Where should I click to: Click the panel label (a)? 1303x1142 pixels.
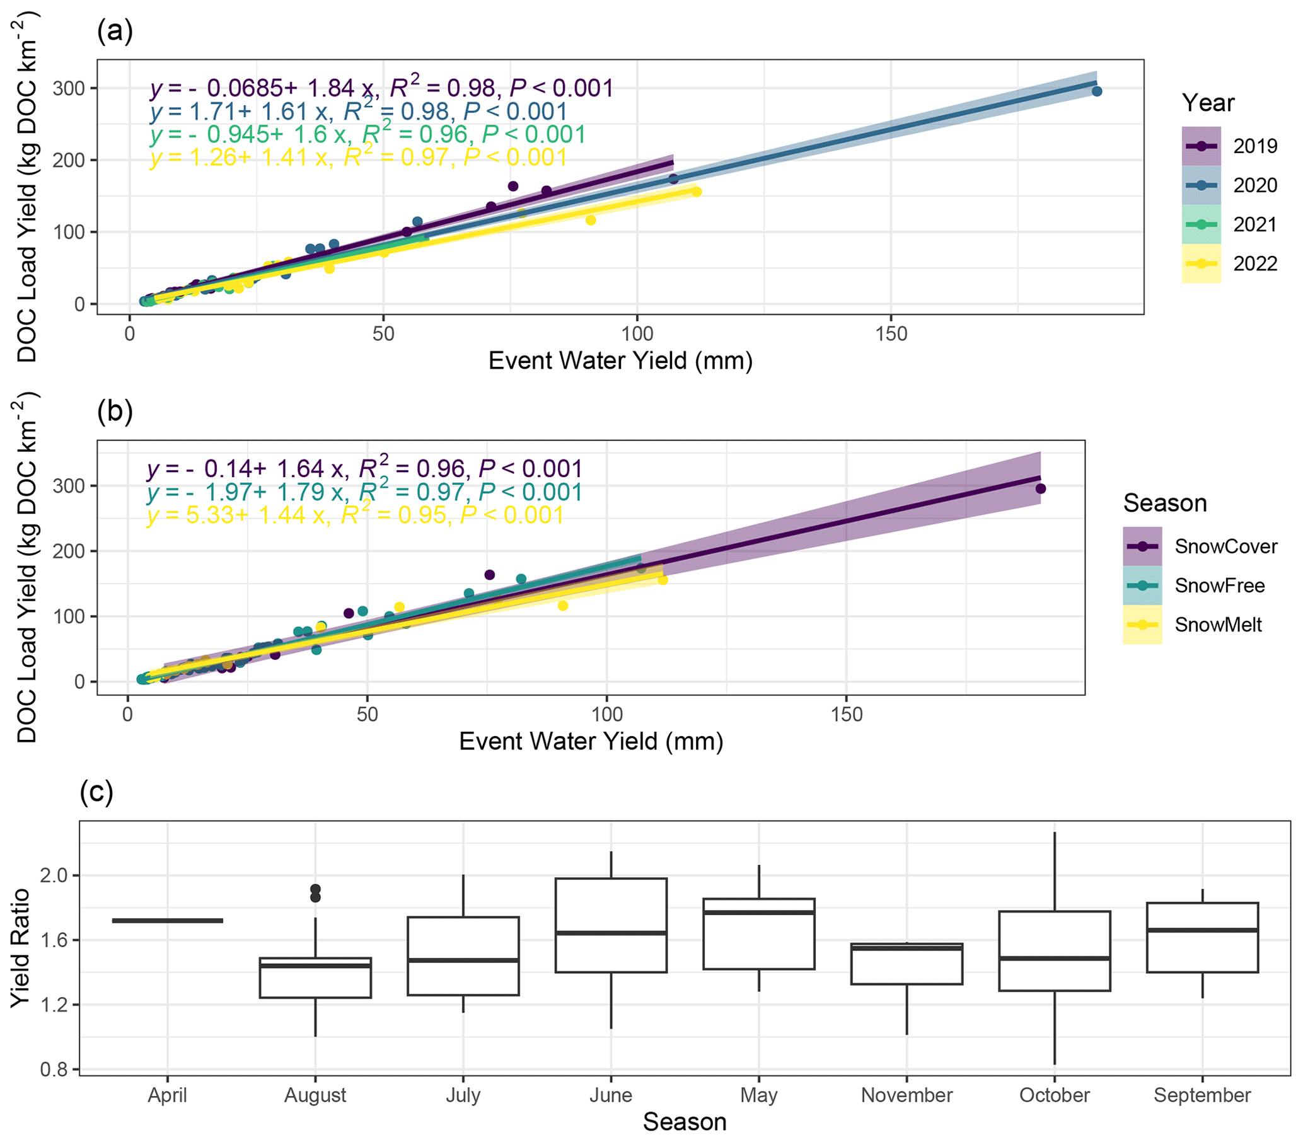(115, 30)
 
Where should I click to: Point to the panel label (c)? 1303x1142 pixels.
(96, 792)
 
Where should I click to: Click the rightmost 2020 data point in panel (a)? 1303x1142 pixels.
(1097, 91)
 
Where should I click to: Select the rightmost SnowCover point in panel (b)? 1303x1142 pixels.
(1040, 489)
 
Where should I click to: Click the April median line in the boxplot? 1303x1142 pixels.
(168, 920)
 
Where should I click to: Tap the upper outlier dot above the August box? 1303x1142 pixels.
(315, 889)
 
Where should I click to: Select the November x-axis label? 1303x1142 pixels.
(906, 1095)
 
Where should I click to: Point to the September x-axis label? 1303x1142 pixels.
(1202, 1095)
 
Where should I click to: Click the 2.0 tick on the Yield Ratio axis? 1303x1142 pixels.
(54, 875)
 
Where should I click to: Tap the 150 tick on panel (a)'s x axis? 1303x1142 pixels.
(891, 333)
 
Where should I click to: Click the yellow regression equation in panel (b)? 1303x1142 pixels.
(355, 515)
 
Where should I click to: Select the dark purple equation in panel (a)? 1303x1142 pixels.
(381, 88)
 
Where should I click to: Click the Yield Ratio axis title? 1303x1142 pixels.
(20, 948)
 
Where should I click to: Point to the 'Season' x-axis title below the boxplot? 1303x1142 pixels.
(684, 1122)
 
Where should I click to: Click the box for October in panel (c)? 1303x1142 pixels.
(1055, 951)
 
